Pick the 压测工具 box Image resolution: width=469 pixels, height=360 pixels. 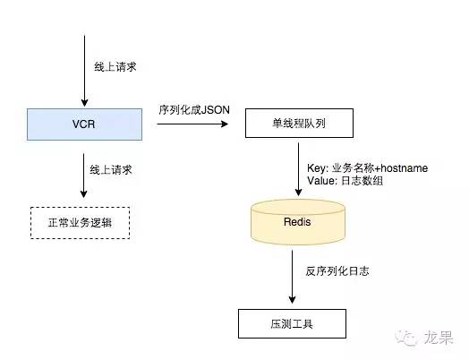293,321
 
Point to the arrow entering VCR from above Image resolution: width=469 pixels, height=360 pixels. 84,72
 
